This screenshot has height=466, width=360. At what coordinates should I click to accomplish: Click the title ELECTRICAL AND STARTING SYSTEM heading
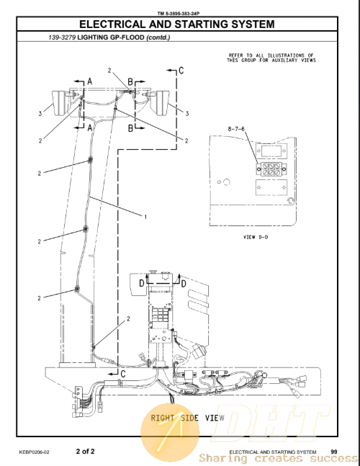tap(177, 24)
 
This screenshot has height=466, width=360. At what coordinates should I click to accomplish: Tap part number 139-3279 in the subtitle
tap(62, 37)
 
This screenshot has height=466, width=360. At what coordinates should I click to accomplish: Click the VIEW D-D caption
tap(256, 237)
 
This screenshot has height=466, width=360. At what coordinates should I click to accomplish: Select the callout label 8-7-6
tap(236, 129)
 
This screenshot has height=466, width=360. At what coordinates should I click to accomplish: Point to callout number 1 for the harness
tap(145, 217)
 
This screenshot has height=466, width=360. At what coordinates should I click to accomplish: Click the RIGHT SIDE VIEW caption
tap(187, 418)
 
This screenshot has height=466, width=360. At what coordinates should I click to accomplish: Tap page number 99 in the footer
tap(334, 452)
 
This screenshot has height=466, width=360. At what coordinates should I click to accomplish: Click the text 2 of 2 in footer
tap(85, 451)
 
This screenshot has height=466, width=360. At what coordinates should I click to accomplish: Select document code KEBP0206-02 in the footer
tap(34, 452)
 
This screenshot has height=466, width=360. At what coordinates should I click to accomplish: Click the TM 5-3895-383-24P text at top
tap(179, 14)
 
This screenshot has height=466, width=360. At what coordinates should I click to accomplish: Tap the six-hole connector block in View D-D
tap(271, 169)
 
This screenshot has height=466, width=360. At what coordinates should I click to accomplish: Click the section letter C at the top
tap(181, 71)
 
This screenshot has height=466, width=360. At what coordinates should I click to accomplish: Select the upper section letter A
tap(90, 81)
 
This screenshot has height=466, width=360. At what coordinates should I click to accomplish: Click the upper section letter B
tap(130, 81)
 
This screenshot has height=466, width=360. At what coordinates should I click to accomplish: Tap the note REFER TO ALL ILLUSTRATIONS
tap(271, 58)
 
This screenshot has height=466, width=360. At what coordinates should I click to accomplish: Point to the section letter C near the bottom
tap(123, 374)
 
